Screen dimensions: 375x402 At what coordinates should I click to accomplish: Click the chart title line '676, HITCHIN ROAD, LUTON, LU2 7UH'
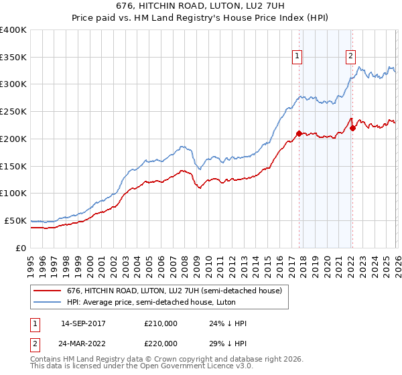(201, 7)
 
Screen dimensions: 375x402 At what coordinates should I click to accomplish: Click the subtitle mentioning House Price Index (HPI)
(201, 18)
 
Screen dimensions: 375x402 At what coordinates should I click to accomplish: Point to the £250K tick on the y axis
(13, 111)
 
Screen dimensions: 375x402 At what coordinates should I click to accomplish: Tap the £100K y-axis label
(13, 193)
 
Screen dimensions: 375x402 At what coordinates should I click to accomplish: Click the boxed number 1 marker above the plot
(297, 57)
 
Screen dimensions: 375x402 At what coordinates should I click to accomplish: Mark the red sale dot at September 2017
(299, 133)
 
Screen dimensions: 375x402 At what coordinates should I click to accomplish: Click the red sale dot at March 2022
(352, 128)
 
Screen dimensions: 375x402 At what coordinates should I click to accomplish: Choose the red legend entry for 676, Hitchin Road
(177, 291)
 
